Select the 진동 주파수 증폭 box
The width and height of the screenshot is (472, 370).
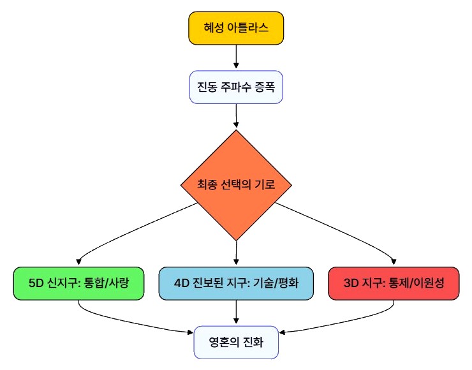[236, 86]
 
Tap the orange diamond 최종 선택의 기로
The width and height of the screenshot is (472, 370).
[236, 185]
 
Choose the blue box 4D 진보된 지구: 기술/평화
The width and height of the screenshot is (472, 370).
[236, 283]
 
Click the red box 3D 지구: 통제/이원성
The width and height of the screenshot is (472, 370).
[394, 283]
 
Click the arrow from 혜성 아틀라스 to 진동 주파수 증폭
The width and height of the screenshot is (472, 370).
[236, 57]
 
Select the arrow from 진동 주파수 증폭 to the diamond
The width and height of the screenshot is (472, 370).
[236, 116]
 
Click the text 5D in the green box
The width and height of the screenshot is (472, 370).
[37, 283]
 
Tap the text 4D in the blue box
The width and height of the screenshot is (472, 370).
[181, 283]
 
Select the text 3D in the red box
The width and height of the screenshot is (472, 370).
[350, 283]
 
